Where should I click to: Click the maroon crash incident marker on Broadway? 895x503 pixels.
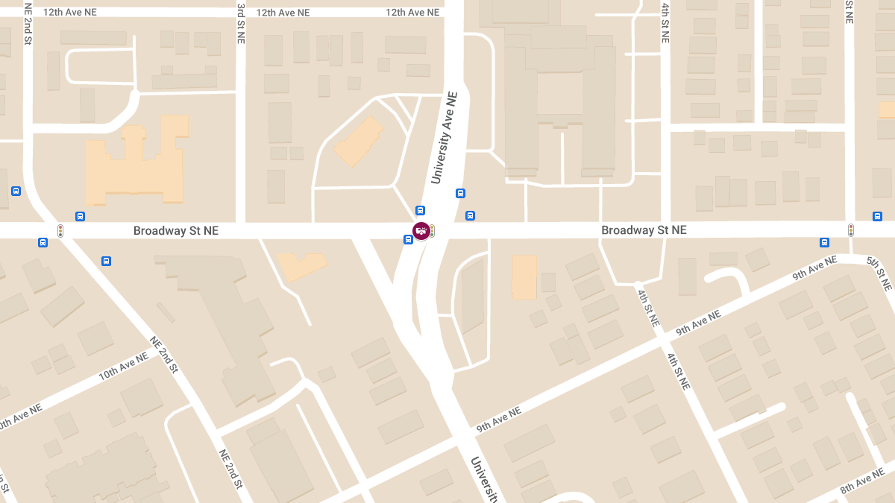[421, 231]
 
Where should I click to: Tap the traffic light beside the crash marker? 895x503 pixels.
[432, 231]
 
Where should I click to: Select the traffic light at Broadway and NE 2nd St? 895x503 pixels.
[60, 231]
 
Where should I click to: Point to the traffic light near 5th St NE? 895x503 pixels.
[850, 230]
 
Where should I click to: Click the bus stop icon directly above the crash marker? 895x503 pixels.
[420, 210]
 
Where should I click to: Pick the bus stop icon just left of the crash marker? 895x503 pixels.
[408, 239]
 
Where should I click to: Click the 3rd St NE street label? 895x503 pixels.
[241, 23]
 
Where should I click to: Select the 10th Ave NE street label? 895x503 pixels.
[124, 367]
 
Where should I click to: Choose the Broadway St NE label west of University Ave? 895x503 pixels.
[176, 231]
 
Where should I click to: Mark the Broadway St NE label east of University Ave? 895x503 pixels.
[644, 230]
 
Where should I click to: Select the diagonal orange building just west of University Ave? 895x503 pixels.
[359, 142]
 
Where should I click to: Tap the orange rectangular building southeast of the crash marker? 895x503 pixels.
[524, 276]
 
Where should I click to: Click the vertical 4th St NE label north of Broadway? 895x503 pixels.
[665, 22]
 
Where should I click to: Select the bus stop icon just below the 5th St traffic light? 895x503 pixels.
[824, 242]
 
